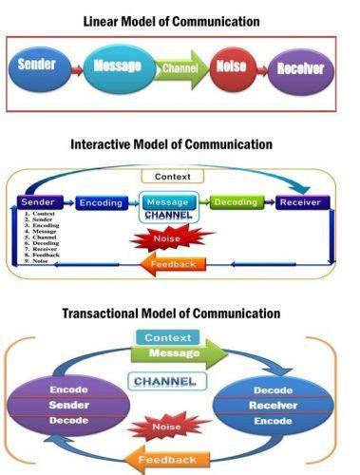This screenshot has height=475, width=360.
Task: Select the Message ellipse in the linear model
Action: tap(118, 66)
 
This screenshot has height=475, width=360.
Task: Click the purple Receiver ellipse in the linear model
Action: tap(301, 68)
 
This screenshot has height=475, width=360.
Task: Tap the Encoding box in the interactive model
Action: tap(102, 203)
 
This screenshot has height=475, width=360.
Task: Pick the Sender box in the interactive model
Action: tap(40, 203)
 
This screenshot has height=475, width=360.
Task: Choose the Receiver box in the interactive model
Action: tap(302, 203)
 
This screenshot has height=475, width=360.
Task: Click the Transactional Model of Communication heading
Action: tap(172, 313)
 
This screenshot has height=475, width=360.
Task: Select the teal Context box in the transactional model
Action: tap(168, 337)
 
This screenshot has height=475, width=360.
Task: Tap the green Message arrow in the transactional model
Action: tap(176, 353)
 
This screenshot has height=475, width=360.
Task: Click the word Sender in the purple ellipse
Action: tap(69, 405)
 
